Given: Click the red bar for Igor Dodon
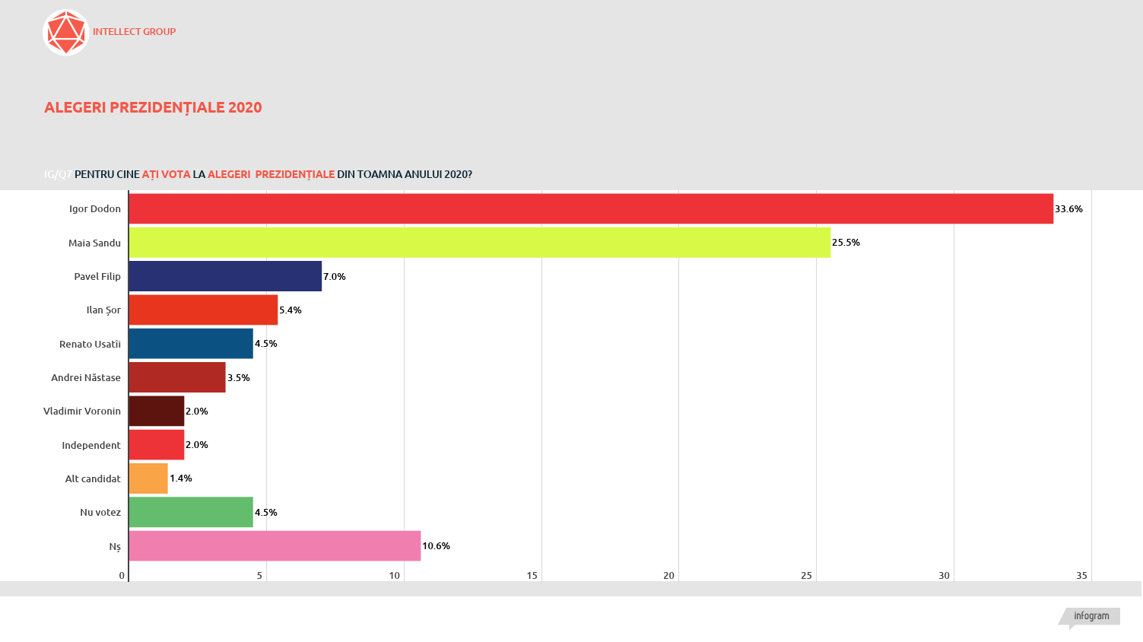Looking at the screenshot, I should [591, 208].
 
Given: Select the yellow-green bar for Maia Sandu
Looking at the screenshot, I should [479, 243].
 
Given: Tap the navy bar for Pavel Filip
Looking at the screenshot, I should [225, 276].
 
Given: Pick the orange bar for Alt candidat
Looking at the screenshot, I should [148, 478].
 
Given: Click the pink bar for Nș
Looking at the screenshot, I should [275, 546].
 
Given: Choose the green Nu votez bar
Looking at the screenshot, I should [191, 512].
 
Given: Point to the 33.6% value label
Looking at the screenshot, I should [1068, 209].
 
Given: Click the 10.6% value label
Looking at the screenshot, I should [436, 546].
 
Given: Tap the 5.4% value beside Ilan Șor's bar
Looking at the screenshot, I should [290, 310].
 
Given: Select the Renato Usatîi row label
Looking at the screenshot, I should [90, 345].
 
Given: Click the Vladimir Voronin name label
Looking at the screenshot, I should [82, 412].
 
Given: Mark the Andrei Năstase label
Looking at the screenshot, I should [86, 378].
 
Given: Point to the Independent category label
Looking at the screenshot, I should [91, 445].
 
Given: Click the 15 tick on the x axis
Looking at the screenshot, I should [532, 576].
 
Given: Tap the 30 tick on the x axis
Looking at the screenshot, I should [944, 576].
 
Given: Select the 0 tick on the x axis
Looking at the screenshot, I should [122, 576].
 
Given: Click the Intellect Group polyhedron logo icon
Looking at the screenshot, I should [66, 33].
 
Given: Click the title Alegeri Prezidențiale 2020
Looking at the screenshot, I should [153, 107].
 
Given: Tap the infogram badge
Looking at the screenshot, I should [1091, 616].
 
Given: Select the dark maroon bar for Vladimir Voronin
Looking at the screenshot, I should [157, 411].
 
